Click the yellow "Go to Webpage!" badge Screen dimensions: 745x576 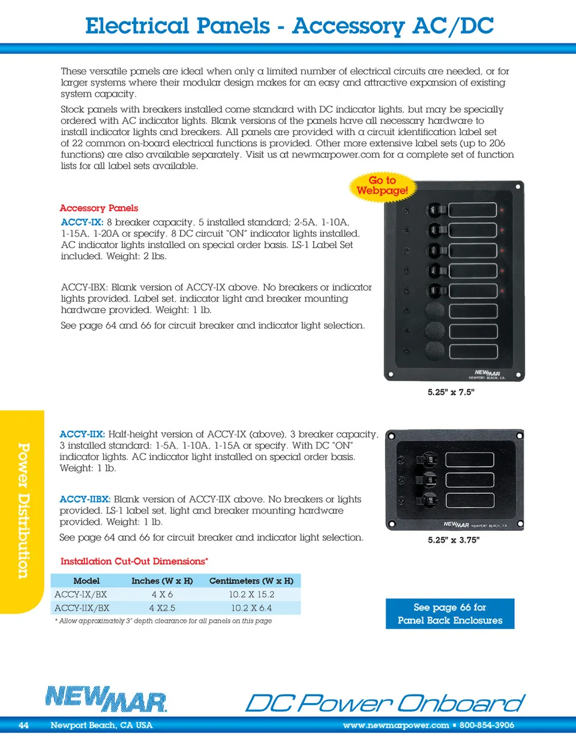coord(382,185)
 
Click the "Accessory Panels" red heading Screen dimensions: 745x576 coord(99,208)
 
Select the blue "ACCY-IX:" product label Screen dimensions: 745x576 coord(82,223)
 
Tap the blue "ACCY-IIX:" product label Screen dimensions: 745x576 coord(82,434)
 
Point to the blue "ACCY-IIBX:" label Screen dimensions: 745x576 coord(85,499)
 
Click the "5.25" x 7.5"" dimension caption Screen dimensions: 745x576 coord(451,392)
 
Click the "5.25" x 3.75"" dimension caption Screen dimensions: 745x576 coord(453,540)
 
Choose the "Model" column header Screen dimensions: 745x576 coord(86,581)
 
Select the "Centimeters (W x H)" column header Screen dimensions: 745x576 coord(251,581)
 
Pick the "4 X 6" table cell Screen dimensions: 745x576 coord(162,594)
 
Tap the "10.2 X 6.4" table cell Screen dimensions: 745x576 coord(251,608)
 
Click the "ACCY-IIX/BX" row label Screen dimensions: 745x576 coord(82,608)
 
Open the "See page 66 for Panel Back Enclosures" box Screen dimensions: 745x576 coord(450,614)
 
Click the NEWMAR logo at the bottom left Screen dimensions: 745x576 coord(106,699)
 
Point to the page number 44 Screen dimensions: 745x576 coord(23,725)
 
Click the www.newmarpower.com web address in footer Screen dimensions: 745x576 coord(396,725)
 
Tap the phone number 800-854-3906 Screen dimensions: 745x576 coord(487,725)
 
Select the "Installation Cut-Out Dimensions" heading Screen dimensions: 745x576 coord(134,561)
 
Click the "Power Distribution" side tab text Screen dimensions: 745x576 coord(23,511)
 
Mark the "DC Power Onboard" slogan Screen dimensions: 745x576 coord(385,703)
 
